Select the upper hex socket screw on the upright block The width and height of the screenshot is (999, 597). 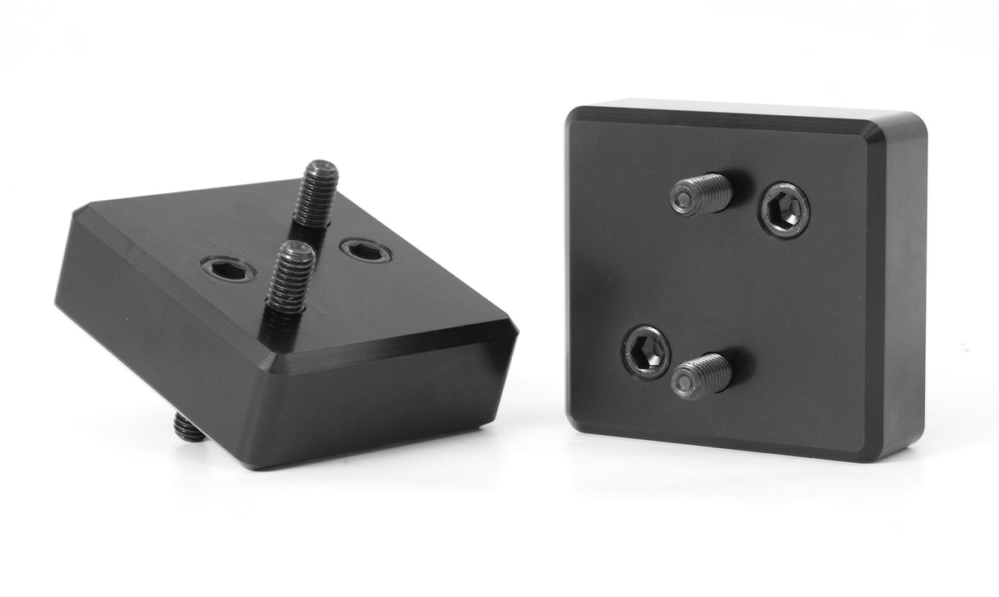783,210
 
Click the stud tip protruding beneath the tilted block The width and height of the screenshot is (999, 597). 189,428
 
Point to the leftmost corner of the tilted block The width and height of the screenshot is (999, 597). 59,300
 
